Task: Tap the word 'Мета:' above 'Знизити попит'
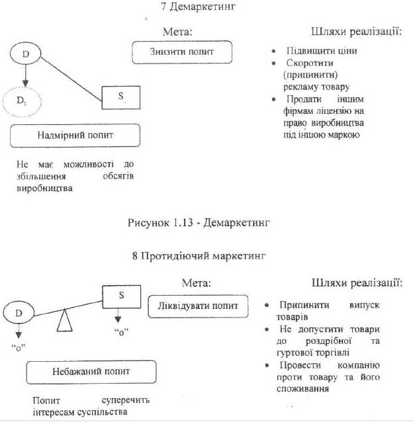coord(177,31)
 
